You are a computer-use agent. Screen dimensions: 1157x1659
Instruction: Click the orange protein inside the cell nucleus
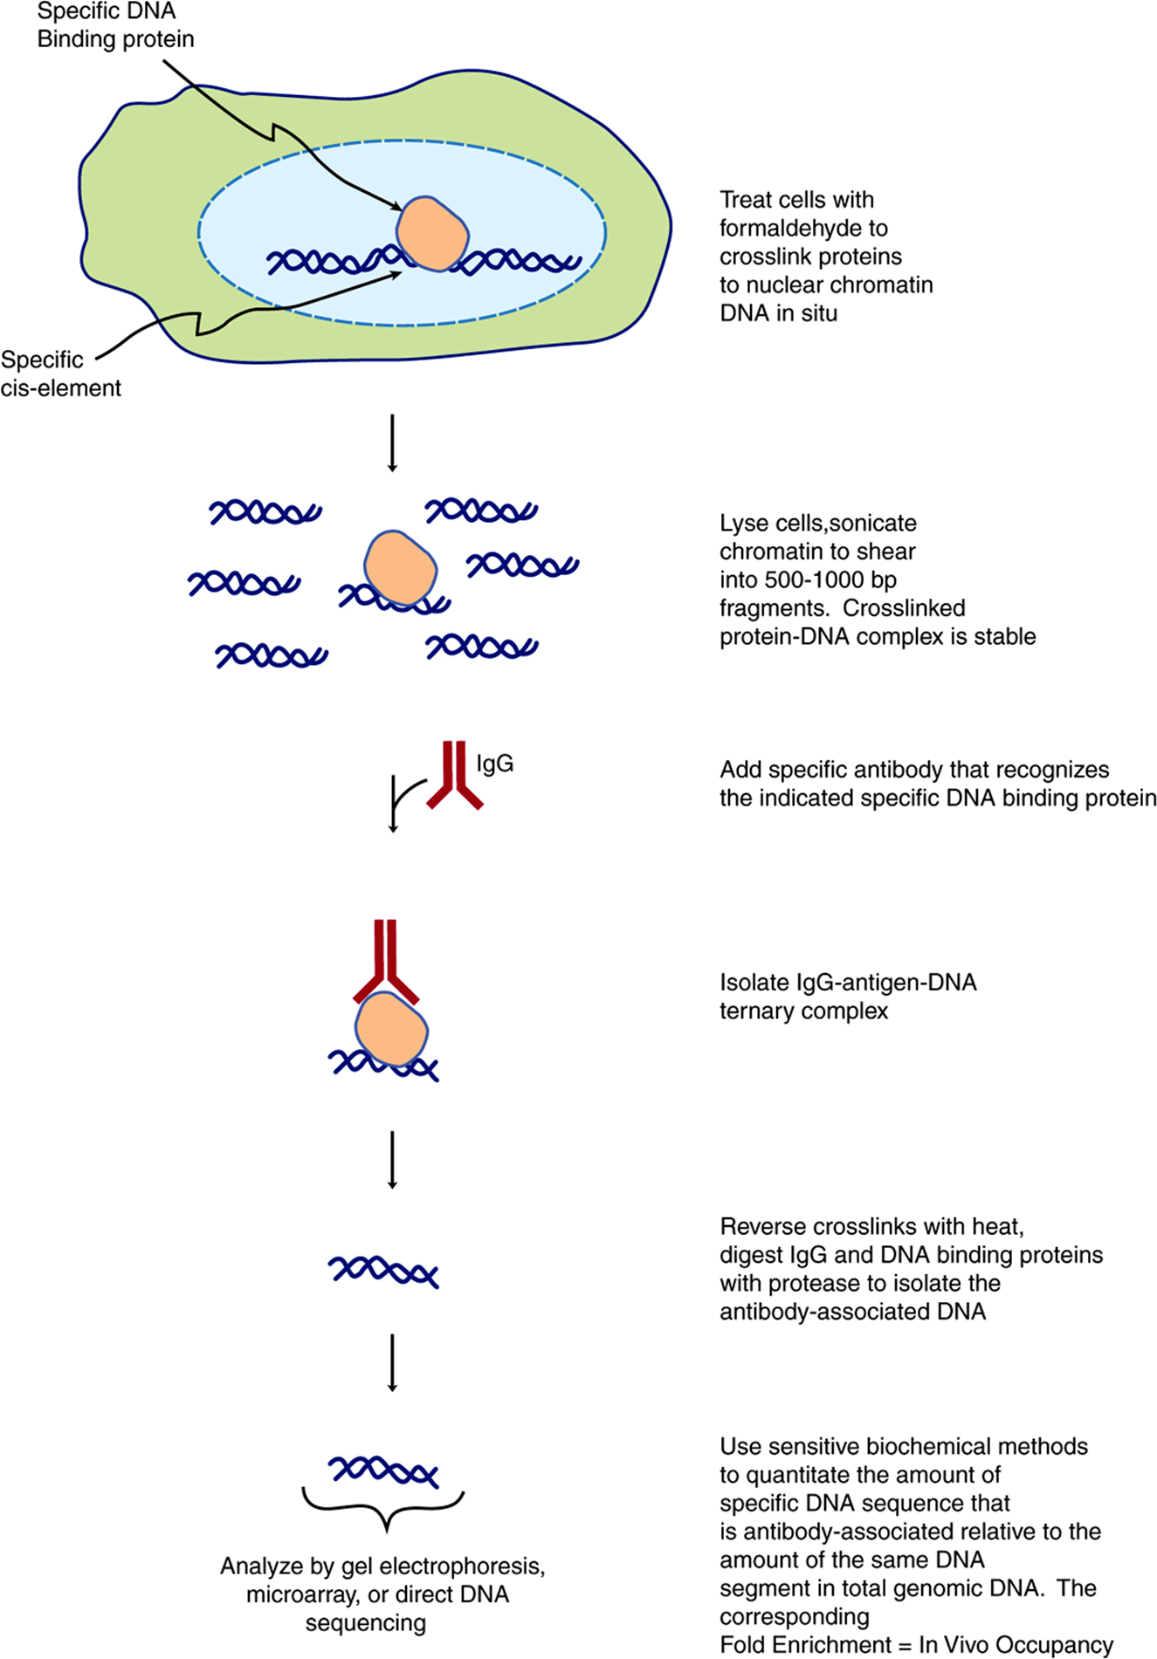click(x=432, y=233)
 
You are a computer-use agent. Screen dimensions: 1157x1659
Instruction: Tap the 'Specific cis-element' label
click(x=60, y=374)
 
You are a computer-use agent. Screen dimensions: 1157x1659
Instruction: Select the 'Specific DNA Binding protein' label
click(x=115, y=25)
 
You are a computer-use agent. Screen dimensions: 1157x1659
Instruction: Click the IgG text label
click(x=494, y=764)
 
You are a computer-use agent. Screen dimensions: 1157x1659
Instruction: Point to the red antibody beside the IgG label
click(x=454, y=775)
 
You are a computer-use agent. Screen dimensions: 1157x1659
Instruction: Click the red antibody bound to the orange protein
click(x=386, y=960)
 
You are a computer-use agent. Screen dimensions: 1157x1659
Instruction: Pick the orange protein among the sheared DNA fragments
click(x=400, y=567)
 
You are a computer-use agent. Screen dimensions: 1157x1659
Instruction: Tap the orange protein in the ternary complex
click(x=391, y=1028)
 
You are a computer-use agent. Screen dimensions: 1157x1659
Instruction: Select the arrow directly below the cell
click(x=392, y=443)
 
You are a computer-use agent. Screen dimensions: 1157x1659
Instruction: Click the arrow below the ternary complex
click(x=392, y=1160)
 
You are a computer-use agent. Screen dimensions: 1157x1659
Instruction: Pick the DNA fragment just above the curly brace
click(x=383, y=1471)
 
